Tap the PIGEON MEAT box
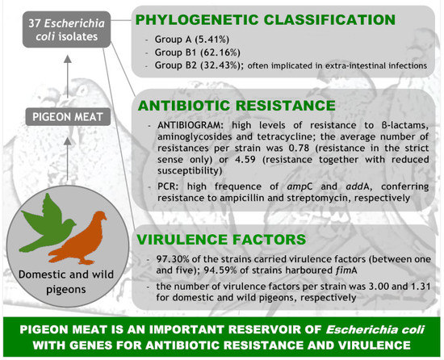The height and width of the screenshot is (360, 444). point(68,117)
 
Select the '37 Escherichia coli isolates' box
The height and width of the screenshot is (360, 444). point(66,29)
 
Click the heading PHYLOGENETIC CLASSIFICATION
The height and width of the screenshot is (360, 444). point(266,20)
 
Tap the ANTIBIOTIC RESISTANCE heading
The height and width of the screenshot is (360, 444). point(237,106)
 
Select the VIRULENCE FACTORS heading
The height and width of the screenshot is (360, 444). point(221,240)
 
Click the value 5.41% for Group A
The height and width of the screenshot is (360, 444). point(212,40)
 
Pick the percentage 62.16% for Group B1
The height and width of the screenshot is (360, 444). point(220,52)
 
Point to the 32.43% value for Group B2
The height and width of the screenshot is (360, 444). point(220,65)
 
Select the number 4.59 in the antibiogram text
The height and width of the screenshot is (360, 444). point(245,159)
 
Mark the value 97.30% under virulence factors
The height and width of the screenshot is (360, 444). point(172,259)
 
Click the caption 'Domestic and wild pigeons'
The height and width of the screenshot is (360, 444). point(66,282)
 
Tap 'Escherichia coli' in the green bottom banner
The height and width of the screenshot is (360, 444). point(375,329)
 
